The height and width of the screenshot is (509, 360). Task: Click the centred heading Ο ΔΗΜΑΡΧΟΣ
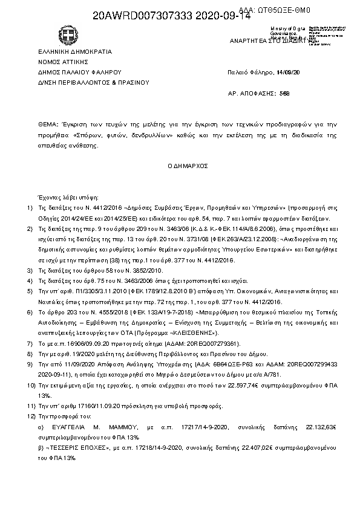tap(188, 165)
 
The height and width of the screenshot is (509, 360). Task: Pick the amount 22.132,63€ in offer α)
tap(317, 426)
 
